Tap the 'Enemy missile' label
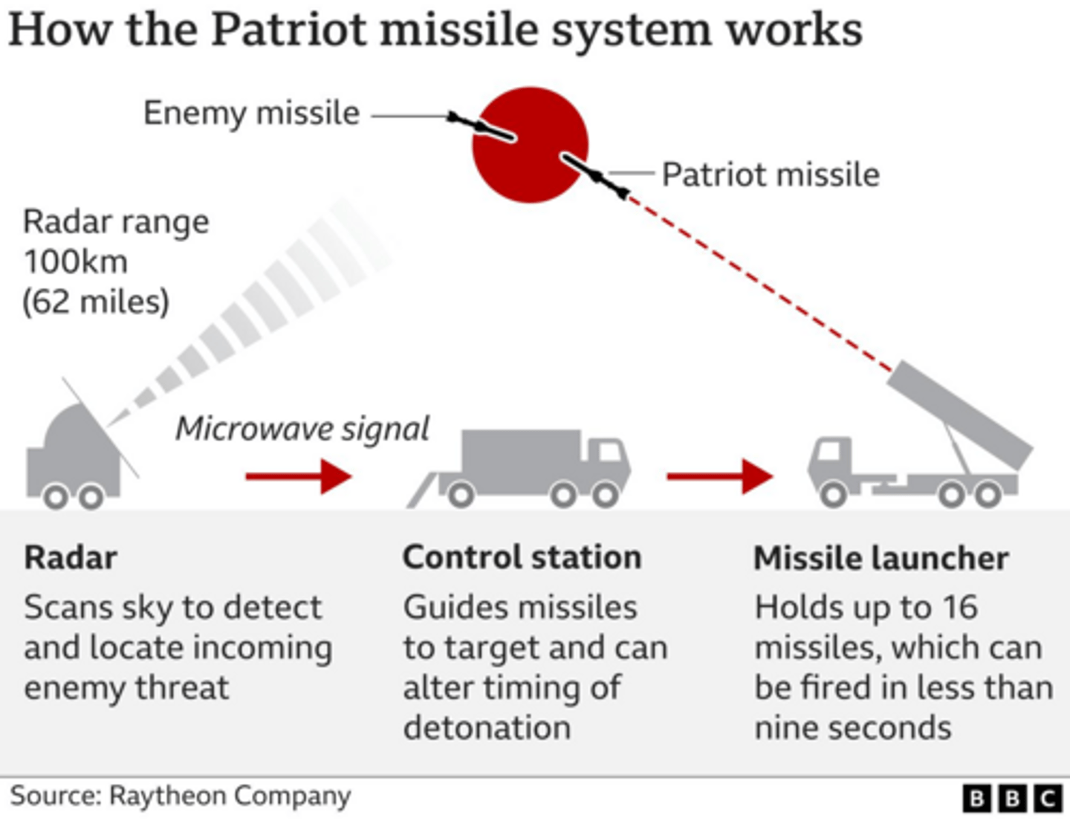pos(251,114)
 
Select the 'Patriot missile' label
pos(771,175)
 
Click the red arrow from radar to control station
pos(298,476)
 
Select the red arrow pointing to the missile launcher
pos(719,476)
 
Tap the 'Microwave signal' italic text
pos(302,429)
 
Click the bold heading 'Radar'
pos(71,558)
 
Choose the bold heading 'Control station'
pos(522,557)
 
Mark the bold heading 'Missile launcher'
pos(881,558)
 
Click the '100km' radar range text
pos(76,262)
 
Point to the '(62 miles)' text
pos(96,302)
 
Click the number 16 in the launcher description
pos(960,608)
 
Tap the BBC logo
pos(1012,799)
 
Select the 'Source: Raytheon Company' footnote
pos(181,796)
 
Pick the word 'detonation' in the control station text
pos(487,728)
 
